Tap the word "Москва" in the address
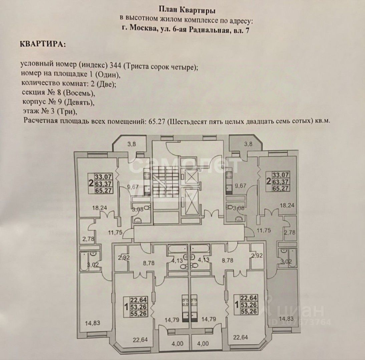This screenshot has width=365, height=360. tap(142, 30)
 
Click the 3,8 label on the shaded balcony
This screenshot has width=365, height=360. tap(248, 144)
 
